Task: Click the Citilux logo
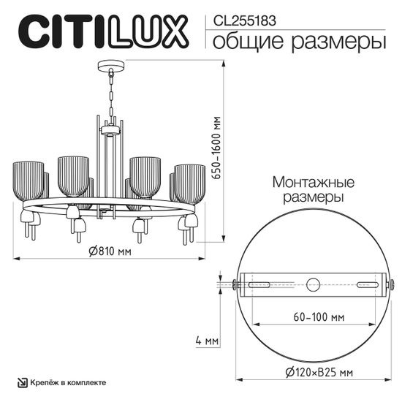[102, 34]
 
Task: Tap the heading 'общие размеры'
[299, 41]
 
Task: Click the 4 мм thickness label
[207, 341]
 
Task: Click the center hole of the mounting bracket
[314, 284]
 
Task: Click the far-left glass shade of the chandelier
[29, 181]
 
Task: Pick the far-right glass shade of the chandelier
[190, 183]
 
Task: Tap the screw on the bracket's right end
[391, 284]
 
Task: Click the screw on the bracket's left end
[236, 284]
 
